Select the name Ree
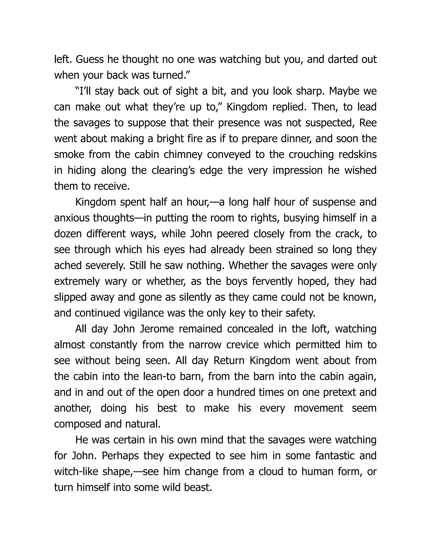(x=368, y=123)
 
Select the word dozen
(x=68, y=234)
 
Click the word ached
(x=67, y=266)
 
